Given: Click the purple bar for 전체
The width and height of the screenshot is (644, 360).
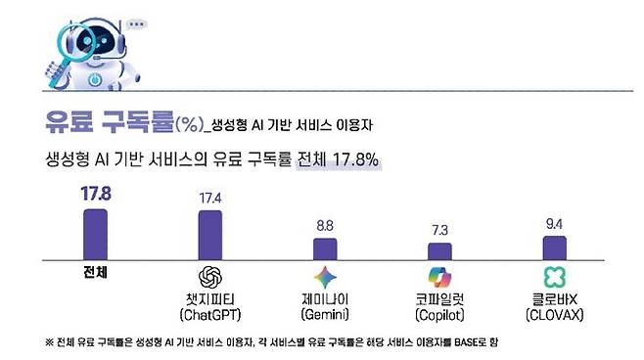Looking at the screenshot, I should pos(95,233).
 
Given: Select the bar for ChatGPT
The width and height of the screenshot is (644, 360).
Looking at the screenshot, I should pos(210,234).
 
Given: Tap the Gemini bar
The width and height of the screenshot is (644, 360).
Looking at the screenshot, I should pos(325,247).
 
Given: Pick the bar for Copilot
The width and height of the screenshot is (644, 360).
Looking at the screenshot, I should pos(439,250).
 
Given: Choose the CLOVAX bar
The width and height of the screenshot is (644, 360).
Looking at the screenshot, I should pos(554,247).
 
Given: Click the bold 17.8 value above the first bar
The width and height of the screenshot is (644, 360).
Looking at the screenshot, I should pos(95,194).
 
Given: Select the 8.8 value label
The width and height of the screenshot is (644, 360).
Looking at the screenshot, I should pos(325,225).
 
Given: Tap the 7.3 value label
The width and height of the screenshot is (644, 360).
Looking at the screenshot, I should pos(439,230).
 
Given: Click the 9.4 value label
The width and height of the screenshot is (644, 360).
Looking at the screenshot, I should pos(554,223).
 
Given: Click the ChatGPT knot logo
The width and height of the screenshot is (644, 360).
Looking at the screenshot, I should pos(210,278).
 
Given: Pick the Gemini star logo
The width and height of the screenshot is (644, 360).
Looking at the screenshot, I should pos(325,278).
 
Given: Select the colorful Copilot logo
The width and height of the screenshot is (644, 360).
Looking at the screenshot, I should pos(439,278).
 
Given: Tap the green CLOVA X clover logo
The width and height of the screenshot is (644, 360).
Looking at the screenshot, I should pos(554,278).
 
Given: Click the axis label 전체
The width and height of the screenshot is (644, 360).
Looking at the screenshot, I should pos(95,273).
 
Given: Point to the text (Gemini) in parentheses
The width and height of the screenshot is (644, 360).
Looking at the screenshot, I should pos(325,315).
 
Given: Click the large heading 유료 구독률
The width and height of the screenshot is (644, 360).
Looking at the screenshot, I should pos(109,122).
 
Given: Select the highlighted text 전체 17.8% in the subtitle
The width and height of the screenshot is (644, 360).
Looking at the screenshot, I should pos(338,158).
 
